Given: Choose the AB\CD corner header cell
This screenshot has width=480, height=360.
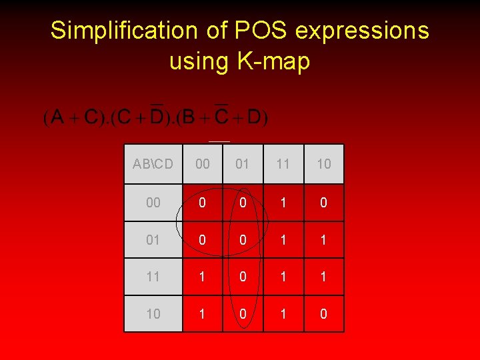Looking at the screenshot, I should pyautogui.click(x=153, y=164).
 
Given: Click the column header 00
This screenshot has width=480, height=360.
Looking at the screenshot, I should pyautogui.click(x=202, y=164).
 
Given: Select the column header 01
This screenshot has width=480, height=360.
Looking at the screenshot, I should pyautogui.click(x=243, y=164).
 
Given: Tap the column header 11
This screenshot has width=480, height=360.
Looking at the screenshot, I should pyautogui.click(x=283, y=164).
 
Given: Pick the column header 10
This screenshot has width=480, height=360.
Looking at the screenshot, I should pyautogui.click(x=324, y=164).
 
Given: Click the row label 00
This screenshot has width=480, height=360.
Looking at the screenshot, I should pyautogui.click(x=153, y=203).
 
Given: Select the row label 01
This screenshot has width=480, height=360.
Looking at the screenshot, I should pyautogui.click(x=153, y=240).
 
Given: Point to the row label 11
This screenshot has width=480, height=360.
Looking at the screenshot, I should pyautogui.click(x=153, y=277).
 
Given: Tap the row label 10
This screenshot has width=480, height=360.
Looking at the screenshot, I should pyautogui.click(x=153, y=313).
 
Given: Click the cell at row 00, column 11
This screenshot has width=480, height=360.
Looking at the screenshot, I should pyautogui.click(x=283, y=203).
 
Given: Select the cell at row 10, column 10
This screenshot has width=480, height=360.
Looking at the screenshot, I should pyautogui.click(x=324, y=313).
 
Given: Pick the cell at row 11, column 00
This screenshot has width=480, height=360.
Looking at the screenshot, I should pyautogui.click(x=202, y=277).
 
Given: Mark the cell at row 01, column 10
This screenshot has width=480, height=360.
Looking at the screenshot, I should pyautogui.click(x=324, y=240).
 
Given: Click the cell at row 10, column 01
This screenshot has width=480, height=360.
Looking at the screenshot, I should pyautogui.click(x=243, y=313).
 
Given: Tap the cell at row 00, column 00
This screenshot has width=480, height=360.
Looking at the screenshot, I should pyautogui.click(x=202, y=203).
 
